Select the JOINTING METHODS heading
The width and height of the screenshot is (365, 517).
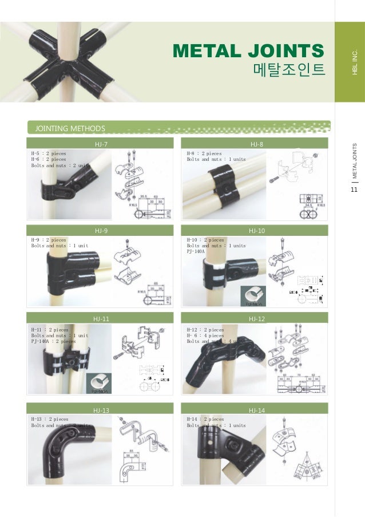tap(70, 128)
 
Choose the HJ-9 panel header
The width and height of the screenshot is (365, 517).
tap(102, 230)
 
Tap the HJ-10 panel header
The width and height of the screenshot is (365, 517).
tap(256, 230)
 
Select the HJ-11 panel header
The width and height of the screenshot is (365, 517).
tap(101, 318)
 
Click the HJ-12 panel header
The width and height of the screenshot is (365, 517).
tap(256, 318)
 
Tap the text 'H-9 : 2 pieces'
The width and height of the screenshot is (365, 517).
tap(49, 240)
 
